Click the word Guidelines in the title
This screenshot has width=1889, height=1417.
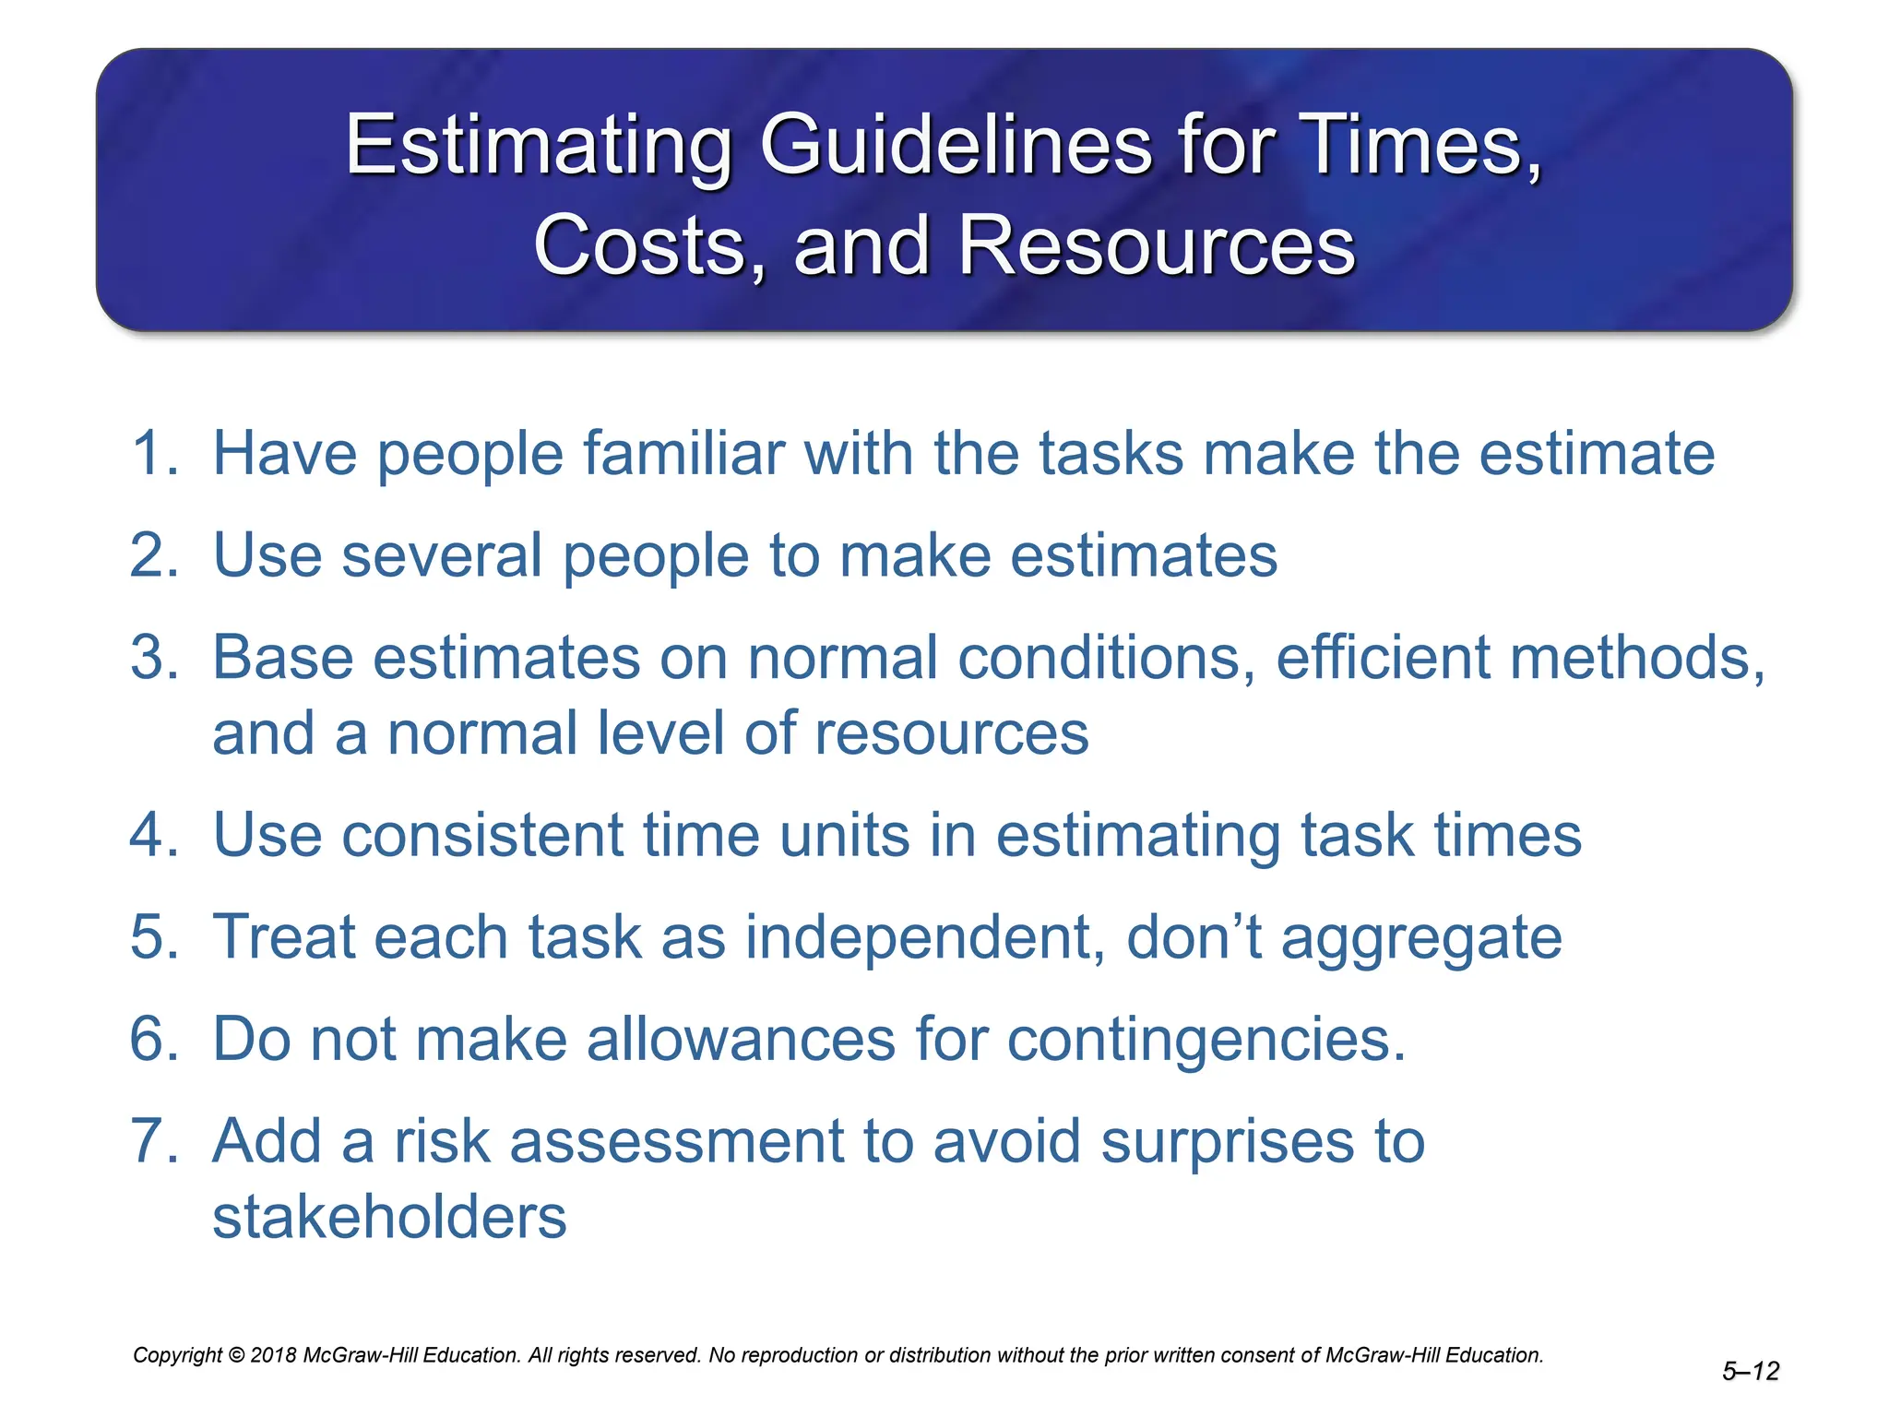956,146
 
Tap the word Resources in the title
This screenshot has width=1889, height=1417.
1157,245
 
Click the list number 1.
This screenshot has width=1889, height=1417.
153,454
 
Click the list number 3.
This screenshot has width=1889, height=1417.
153,658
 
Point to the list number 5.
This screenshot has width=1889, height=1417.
153,937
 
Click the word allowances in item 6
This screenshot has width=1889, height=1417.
740,1040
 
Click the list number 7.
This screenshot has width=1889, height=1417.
153,1141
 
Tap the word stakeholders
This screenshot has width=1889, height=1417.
389,1217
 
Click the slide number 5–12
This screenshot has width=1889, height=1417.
1750,1372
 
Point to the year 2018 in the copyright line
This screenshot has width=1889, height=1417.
274,1355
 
